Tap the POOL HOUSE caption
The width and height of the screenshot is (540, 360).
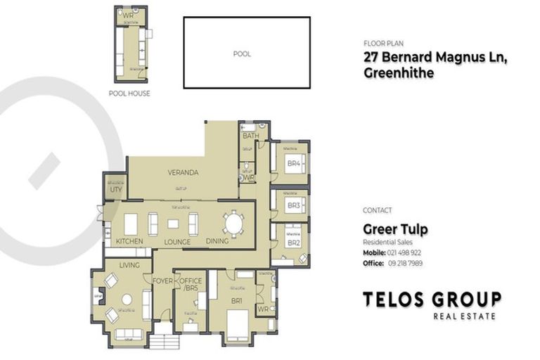pos(129,93)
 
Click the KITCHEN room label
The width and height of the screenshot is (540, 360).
pos(129,242)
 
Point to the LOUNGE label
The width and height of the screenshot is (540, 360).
pos(177,242)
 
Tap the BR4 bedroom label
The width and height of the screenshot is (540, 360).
pos(293,165)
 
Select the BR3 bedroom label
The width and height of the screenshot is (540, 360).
pos(293,205)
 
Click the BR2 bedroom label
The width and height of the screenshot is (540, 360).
pos(293,243)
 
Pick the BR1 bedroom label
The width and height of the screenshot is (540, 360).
pos(236,300)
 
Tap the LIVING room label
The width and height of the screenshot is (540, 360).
pos(129,265)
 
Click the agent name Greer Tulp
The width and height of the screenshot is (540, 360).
pos(394,229)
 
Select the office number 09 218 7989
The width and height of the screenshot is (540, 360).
pos(405,263)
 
